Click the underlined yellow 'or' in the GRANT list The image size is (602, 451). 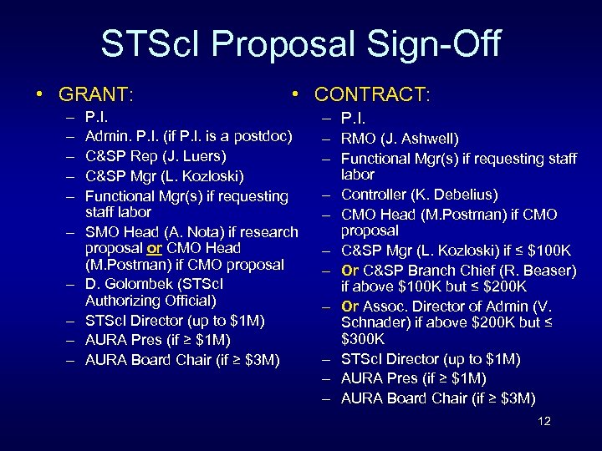tap(154, 248)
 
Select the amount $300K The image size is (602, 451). tap(363, 339)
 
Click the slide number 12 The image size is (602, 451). tap(543, 421)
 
